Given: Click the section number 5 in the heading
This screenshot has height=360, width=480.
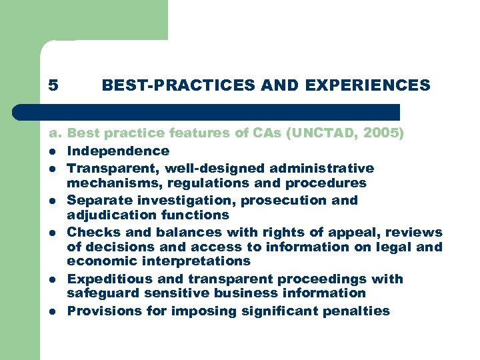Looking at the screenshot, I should (x=53, y=86).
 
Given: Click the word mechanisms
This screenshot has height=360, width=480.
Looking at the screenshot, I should (x=112, y=183).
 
